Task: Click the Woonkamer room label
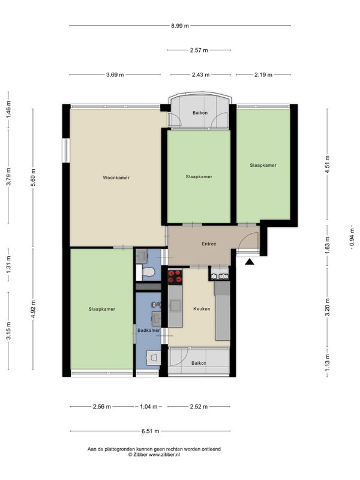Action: pos(116,178)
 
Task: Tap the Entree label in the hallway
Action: pos(209,244)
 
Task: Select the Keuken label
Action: pos(202,309)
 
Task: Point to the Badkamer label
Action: pos(148,331)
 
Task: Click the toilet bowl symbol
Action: pos(148,272)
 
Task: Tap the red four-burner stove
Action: pos(175,276)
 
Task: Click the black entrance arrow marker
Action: pos(250,262)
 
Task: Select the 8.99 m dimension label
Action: pos(179,26)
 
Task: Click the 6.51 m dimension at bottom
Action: pos(151,431)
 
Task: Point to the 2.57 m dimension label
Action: pos(199,50)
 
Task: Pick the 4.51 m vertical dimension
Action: pos(328,164)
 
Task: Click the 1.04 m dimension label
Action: pos(148,407)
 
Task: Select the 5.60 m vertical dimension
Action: pos(33,178)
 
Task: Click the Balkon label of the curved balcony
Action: pos(200,113)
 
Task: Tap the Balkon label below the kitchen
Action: pos(199,363)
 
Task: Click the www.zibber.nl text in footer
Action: pos(164,455)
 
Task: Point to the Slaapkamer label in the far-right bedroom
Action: pos(263,166)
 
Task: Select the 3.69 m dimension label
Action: pos(115,74)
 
